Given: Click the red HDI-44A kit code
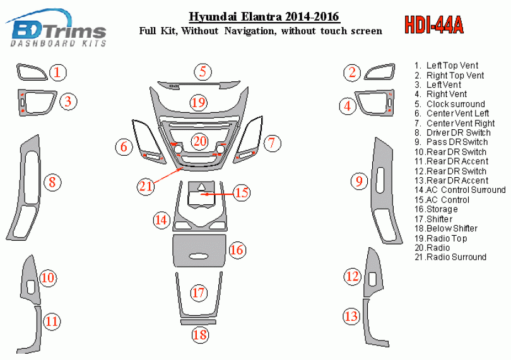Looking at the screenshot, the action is click(x=434, y=25).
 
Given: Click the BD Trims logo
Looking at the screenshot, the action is click(x=56, y=28).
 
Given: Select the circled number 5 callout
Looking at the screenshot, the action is click(x=203, y=72).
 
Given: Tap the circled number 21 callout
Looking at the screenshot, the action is click(x=146, y=186).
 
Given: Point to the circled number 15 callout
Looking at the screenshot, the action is click(x=242, y=192).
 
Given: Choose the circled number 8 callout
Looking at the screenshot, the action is click(x=52, y=182).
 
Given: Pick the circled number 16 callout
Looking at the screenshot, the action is click(x=237, y=250).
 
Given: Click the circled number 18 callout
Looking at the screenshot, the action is click(x=200, y=335).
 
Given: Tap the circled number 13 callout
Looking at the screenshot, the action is click(x=351, y=316).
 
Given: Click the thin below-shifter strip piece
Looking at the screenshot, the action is click(x=198, y=322).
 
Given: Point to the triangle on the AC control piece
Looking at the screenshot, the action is click(x=201, y=187).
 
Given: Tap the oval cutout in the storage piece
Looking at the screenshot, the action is click(x=199, y=257).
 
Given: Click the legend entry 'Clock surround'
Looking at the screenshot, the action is click(x=450, y=104).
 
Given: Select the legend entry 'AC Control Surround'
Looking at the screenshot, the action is click(x=460, y=190).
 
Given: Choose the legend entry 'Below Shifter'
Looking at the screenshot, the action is click(x=446, y=228).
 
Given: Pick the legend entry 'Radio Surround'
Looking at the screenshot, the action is click(x=450, y=257).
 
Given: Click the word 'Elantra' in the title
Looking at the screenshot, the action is click(x=262, y=16).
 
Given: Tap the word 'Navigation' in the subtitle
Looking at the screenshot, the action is click(x=250, y=31).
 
